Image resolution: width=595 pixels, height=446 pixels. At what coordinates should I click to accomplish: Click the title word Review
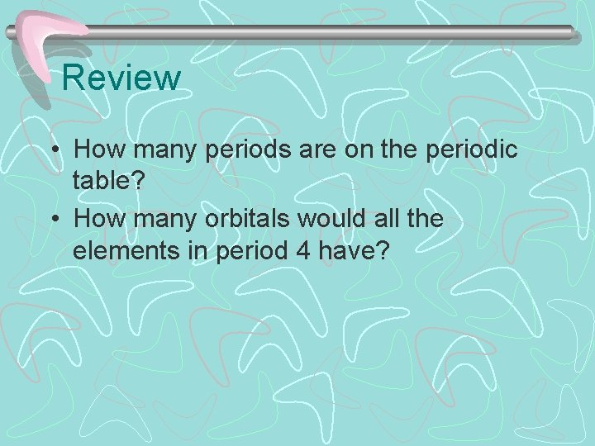(121, 78)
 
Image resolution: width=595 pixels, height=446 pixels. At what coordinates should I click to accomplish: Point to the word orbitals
(256, 221)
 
